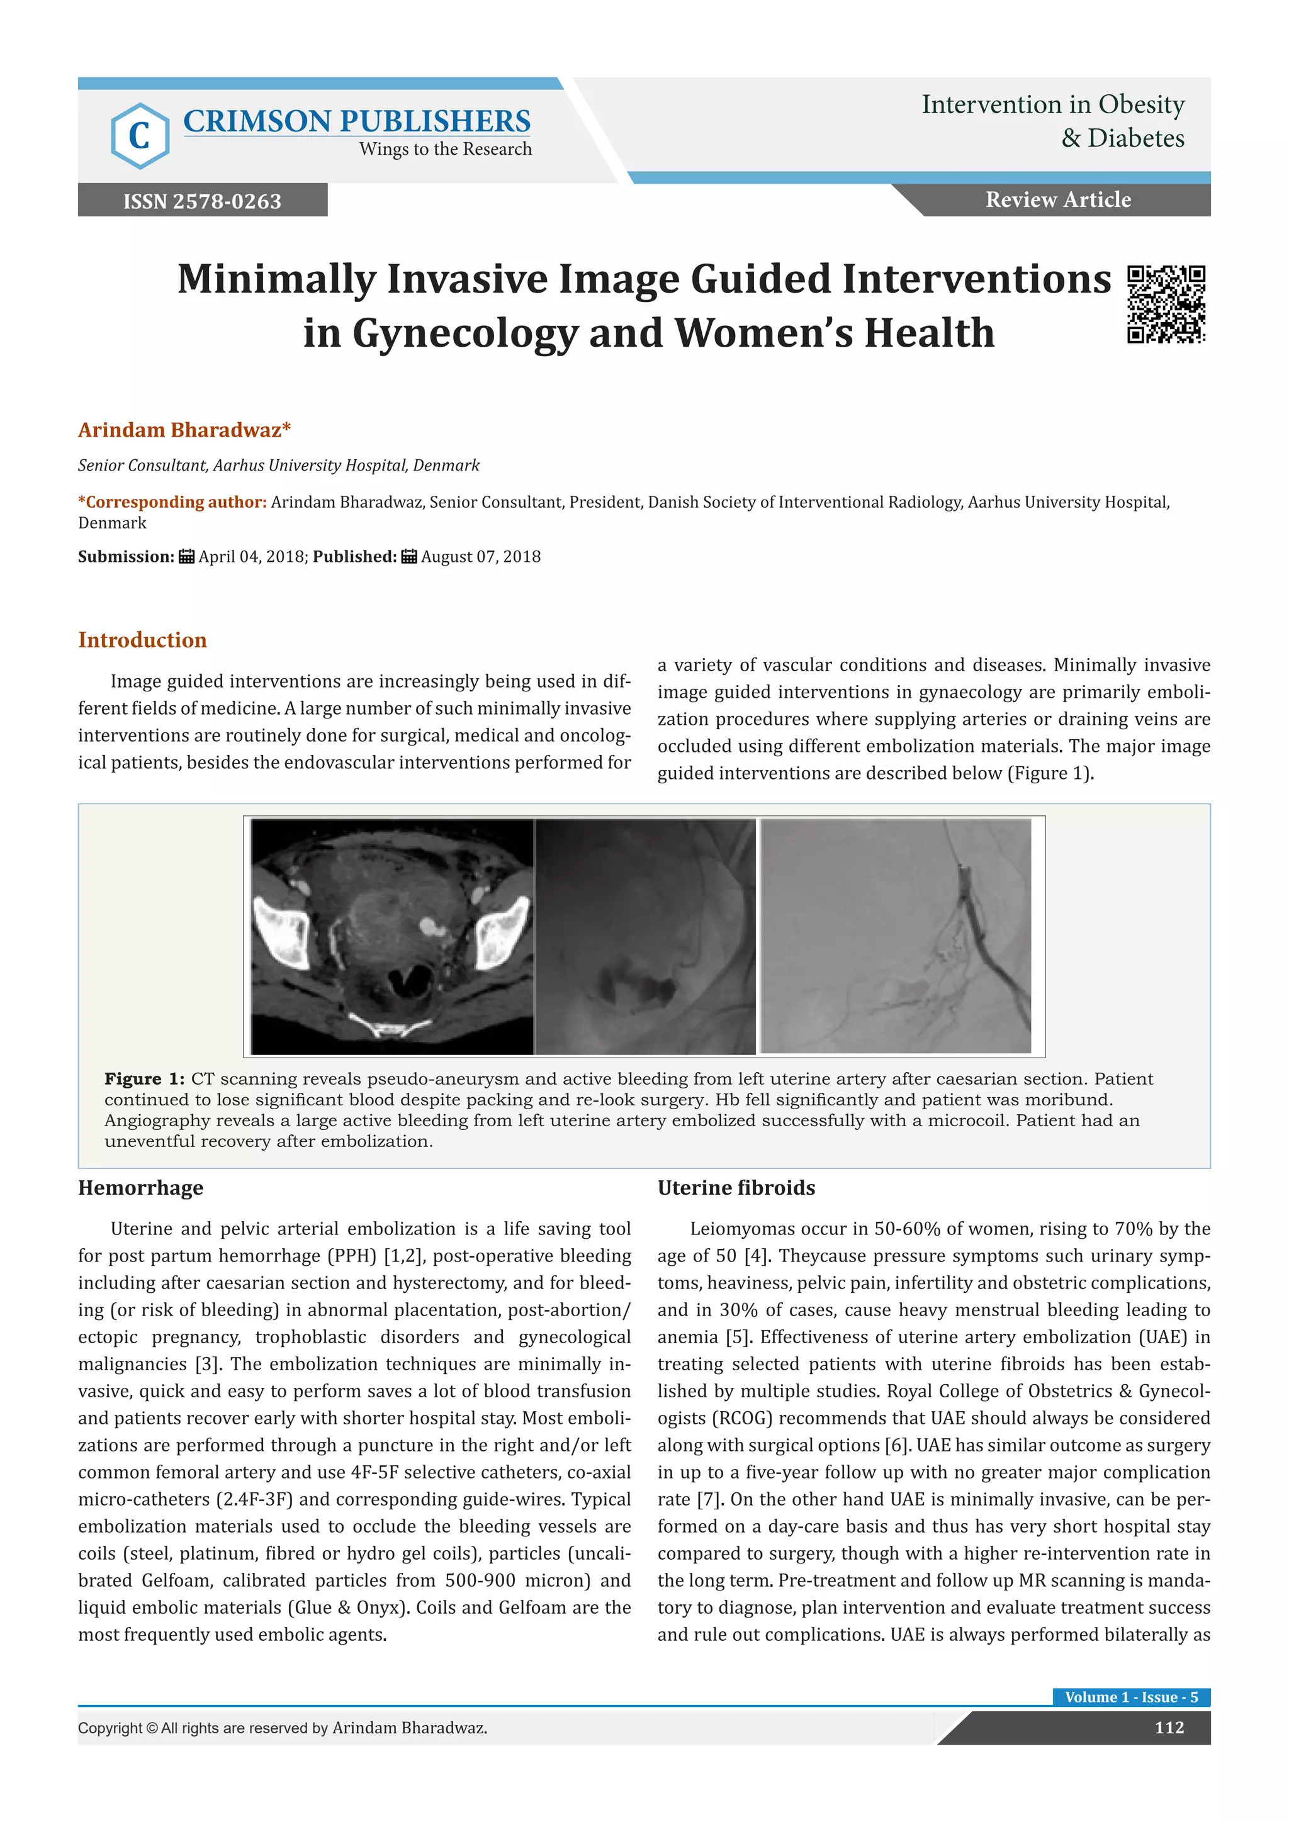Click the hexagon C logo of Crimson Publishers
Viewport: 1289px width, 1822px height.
[140, 136]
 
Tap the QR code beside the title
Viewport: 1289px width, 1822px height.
[1166, 305]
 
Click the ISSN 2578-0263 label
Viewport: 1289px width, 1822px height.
[203, 201]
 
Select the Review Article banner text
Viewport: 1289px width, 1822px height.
[1058, 200]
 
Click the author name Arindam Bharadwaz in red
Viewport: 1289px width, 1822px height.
[184, 430]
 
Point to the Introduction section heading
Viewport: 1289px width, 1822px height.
[142, 640]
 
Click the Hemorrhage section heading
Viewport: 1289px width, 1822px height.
[140, 1187]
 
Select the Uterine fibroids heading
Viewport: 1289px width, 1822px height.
[736, 1187]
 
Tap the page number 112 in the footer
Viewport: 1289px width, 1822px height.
[1169, 1728]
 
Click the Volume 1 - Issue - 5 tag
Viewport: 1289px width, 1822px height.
[1131, 1697]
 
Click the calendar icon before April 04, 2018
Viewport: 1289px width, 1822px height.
[186, 556]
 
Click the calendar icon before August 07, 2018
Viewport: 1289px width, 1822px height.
[408, 556]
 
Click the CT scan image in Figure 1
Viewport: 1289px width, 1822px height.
[392, 936]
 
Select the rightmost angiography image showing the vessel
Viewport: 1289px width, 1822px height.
[896, 936]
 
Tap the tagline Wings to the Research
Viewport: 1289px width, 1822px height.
[445, 149]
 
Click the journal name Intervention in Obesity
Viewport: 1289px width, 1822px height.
[1052, 104]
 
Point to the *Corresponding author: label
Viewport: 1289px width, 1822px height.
[172, 502]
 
